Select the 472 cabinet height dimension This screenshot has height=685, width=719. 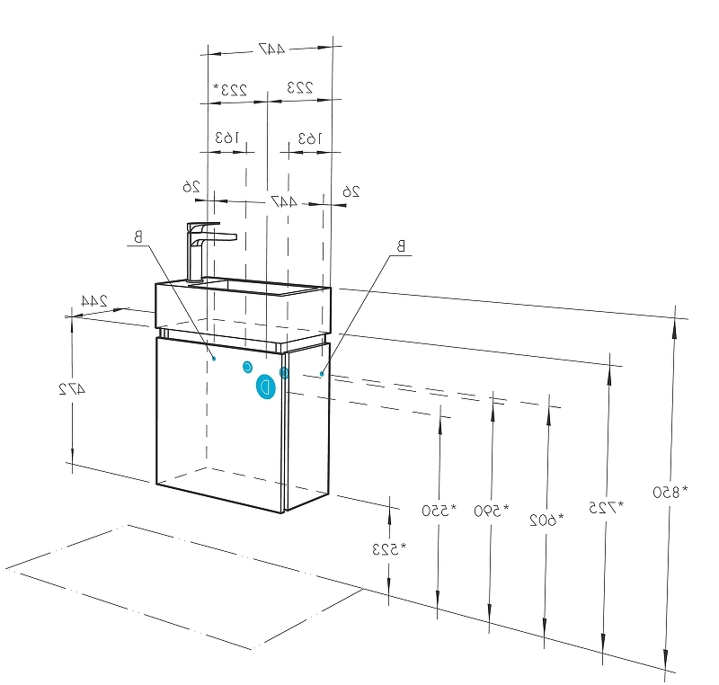[x=72, y=389]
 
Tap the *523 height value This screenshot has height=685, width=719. [x=388, y=547]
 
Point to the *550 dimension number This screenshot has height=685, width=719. [x=439, y=511]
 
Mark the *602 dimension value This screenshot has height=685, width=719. [x=546, y=519]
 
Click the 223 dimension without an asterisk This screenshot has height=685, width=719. [x=299, y=86]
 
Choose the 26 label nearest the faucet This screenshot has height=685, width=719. [x=191, y=186]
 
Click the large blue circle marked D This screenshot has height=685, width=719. [x=265, y=387]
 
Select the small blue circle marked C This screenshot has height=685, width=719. [x=247, y=367]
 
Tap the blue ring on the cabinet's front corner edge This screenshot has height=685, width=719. [x=284, y=372]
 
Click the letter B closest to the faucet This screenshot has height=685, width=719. [x=138, y=237]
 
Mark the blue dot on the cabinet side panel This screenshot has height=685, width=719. [x=321, y=373]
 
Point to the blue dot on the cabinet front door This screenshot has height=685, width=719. [x=214, y=358]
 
